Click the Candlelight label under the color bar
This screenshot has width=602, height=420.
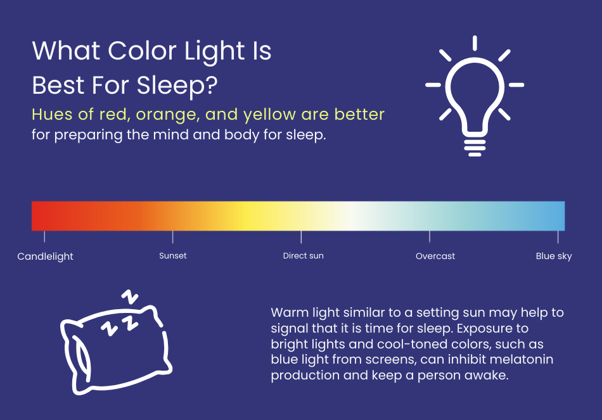(45, 257)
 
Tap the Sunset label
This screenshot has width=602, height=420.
(173, 256)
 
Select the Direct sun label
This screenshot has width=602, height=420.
(304, 256)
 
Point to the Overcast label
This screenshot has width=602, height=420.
(435, 256)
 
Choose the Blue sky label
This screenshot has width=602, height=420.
(554, 256)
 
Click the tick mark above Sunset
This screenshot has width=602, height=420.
(173, 237)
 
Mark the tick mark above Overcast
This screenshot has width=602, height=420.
(430, 237)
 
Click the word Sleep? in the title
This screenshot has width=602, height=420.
(177, 86)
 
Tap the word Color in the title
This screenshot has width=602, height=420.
(142, 51)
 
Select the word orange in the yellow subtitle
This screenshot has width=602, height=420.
(168, 115)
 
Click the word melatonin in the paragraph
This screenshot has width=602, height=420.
(522, 359)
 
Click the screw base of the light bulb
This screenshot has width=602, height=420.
(475, 148)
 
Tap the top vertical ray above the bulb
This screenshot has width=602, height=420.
(475, 43)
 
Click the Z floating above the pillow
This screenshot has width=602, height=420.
(130, 297)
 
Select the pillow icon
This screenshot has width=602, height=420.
(116, 349)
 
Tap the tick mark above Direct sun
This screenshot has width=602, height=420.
(302, 237)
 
